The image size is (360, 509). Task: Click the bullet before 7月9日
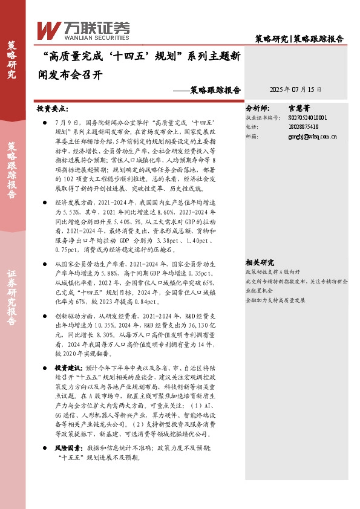(x=45, y=122)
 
